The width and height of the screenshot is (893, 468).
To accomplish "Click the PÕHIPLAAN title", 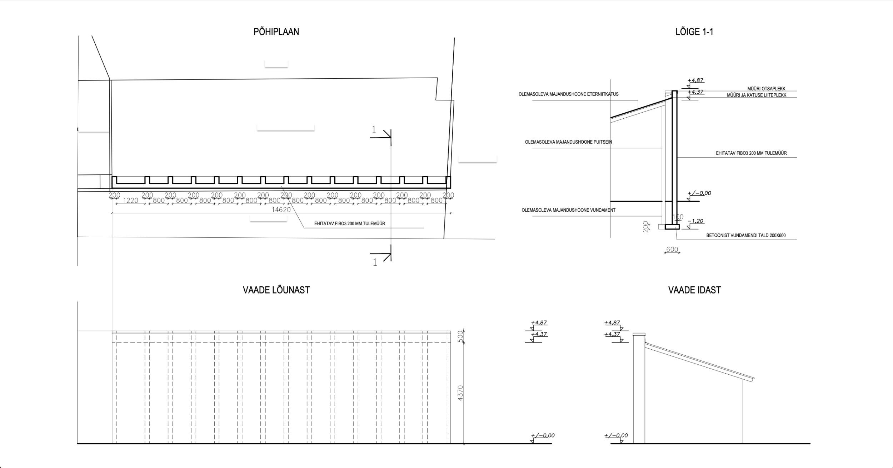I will tap(276, 32).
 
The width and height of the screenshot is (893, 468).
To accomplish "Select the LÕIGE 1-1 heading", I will tap(694, 32).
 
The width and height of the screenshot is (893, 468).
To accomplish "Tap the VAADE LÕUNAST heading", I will tap(276, 290).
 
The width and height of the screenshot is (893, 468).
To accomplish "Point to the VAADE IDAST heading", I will tap(694, 290).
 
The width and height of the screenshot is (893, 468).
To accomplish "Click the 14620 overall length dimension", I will tap(281, 210).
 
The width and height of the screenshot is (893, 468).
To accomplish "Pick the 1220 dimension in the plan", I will tap(130, 201).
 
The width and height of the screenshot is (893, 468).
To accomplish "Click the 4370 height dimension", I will tap(460, 393).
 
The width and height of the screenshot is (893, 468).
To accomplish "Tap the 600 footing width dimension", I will tap(672, 250).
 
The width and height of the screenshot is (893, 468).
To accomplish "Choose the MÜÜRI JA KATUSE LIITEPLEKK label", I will tap(757, 95).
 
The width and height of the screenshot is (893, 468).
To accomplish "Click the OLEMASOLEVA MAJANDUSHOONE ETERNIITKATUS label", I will tap(568, 94).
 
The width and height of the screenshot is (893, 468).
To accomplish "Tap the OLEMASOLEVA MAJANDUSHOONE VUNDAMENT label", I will tap(568, 210).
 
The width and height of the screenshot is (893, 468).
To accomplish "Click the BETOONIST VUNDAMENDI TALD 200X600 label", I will tap(746, 236).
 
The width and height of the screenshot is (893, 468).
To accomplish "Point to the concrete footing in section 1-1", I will tap(672, 227).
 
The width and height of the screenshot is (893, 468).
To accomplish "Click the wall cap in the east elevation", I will tap(639, 335).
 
